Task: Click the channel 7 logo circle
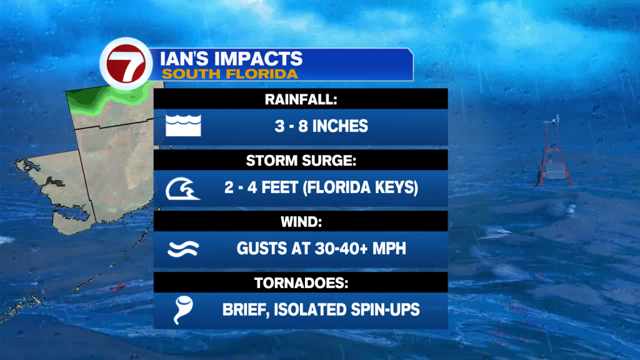[126, 64]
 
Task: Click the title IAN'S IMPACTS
[231, 59]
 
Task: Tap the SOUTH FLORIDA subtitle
[230, 74]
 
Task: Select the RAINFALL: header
[301, 99]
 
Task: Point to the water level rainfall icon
[183, 125]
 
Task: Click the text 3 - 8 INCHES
[321, 126]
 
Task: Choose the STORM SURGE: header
[301, 161]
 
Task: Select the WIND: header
[301, 222]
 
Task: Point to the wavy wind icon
[183, 249]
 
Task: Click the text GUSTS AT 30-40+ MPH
[321, 249]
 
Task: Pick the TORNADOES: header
[301, 283]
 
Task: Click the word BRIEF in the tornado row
[246, 310]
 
